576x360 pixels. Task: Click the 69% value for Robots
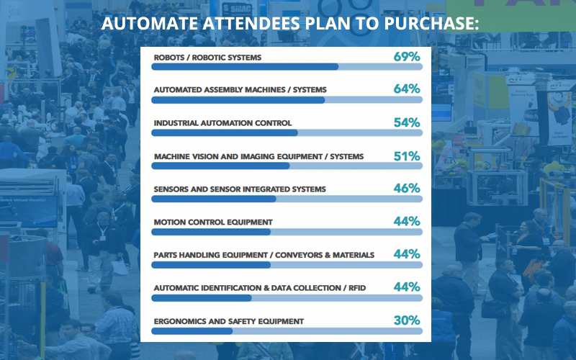pyautogui.click(x=407, y=56)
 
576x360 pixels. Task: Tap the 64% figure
pyautogui.click(x=407, y=89)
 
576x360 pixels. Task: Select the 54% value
pyautogui.click(x=407, y=122)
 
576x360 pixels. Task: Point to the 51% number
pyautogui.click(x=407, y=156)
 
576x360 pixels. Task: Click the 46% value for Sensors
pyautogui.click(x=407, y=189)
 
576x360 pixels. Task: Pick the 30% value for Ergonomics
pyautogui.click(x=407, y=320)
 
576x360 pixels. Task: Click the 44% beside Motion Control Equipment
pyautogui.click(x=407, y=222)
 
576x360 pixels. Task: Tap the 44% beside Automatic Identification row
pyautogui.click(x=407, y=287)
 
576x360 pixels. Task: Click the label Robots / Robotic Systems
pyautogui.click(x=207, y=57)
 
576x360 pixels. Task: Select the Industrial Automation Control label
pyautogui.click(x=222, y=123)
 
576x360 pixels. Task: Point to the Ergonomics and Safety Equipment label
pyautogui.click(x=229, y=321)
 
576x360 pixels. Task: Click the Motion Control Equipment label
pyautogui.click(x=213, y=222)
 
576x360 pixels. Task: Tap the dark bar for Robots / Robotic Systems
pyautogui.click(x=245, y=67)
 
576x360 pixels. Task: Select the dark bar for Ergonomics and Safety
pyautogui.click(x=192, y=331)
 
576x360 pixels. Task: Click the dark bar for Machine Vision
pyautogui.click(x=220, y=166)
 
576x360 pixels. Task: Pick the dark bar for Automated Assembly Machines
pyautogui.click(x=238, y=100)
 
